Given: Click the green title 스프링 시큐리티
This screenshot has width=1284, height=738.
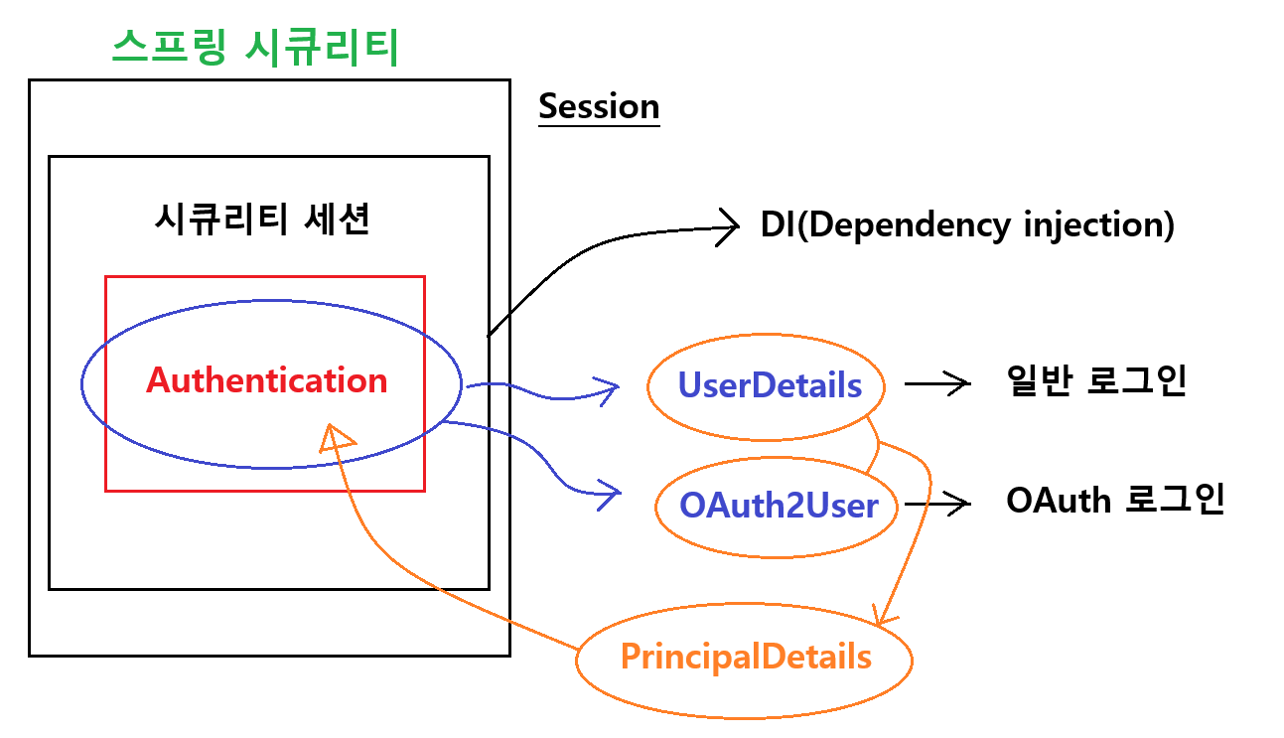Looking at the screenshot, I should (x=255, y=47).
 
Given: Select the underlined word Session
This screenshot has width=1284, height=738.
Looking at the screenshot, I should (x=599, y=106).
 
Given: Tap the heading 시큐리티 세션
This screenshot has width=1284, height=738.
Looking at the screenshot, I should (x=262, y=220).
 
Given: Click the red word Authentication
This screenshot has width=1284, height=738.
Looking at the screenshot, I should (x=266, y=380).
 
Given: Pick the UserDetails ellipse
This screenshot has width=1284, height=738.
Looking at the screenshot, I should (x=769, y=385).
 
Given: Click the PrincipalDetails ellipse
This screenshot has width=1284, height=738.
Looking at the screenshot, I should (x=745, y=658).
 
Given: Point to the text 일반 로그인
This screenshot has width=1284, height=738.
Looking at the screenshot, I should (x=1096, y=381).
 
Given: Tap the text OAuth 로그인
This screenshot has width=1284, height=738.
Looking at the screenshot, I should (x=1114, y=500).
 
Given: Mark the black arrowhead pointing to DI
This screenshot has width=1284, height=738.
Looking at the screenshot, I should (x=730, y=225).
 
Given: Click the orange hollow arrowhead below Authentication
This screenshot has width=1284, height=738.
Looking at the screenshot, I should (x=336, y=436).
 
